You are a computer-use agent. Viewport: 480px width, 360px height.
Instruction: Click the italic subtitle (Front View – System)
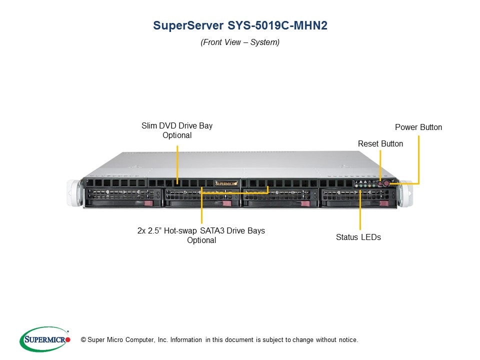tap(240, 42)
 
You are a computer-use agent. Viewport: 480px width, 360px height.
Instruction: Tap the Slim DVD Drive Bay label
tap(177, 125)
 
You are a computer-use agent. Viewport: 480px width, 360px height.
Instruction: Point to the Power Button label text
tap(418, 127)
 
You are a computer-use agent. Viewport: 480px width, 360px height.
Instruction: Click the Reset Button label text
tap(380, 143)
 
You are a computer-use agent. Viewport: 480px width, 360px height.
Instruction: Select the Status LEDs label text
tap(358, 237)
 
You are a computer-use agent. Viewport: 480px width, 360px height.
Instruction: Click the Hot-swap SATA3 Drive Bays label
tap(201, 230)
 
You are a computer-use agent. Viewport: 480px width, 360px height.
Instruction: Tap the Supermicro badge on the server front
tap(227, 183)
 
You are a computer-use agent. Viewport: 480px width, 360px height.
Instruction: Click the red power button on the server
tap(386, 184)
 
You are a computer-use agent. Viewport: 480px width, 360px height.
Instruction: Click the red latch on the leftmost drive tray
tap(147, 203)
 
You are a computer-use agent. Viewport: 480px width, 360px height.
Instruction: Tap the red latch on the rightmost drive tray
tap(383, 203)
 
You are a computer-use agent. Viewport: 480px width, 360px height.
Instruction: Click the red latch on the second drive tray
tap(226, 203)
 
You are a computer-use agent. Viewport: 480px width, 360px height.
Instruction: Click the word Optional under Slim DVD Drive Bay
tap(177, 135)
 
